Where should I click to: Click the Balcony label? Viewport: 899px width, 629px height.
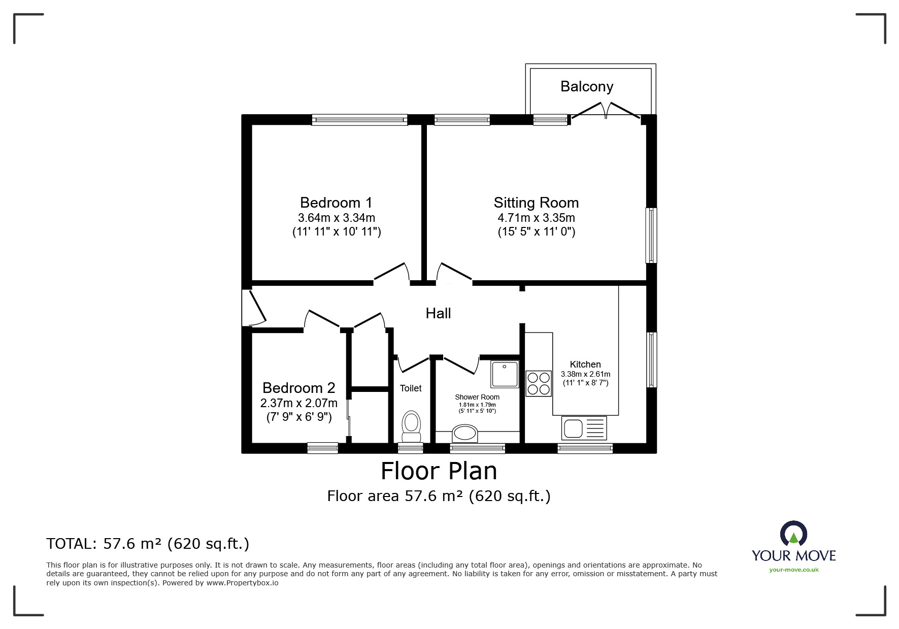point(587,87)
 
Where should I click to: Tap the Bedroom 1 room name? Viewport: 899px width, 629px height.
point(336,203)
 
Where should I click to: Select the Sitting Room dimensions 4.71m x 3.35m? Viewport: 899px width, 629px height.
point(536,218)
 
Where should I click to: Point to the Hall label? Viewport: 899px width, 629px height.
point(438,313)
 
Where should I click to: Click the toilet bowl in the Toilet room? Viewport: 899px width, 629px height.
point(411,427)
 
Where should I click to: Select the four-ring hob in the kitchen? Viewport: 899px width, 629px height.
point(539,383)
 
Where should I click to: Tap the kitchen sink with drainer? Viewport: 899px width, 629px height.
point(584,428)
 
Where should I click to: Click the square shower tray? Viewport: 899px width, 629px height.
point(505,374)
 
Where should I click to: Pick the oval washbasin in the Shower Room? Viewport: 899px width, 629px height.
point(465,433)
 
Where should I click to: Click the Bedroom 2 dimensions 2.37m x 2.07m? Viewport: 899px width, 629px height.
point(298,404)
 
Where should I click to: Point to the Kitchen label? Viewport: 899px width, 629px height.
point(585,365)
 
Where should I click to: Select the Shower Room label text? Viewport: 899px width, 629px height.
point(477,397)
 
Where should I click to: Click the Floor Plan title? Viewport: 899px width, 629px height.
point(439,471)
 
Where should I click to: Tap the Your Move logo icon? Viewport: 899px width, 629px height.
point(793,534)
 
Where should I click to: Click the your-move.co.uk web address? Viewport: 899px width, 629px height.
point(794,570)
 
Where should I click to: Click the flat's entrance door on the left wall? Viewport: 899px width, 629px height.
point(253,307)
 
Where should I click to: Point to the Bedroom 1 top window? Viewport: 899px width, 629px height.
point(359,120)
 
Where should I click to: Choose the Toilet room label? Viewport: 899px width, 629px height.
point(411,388)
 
